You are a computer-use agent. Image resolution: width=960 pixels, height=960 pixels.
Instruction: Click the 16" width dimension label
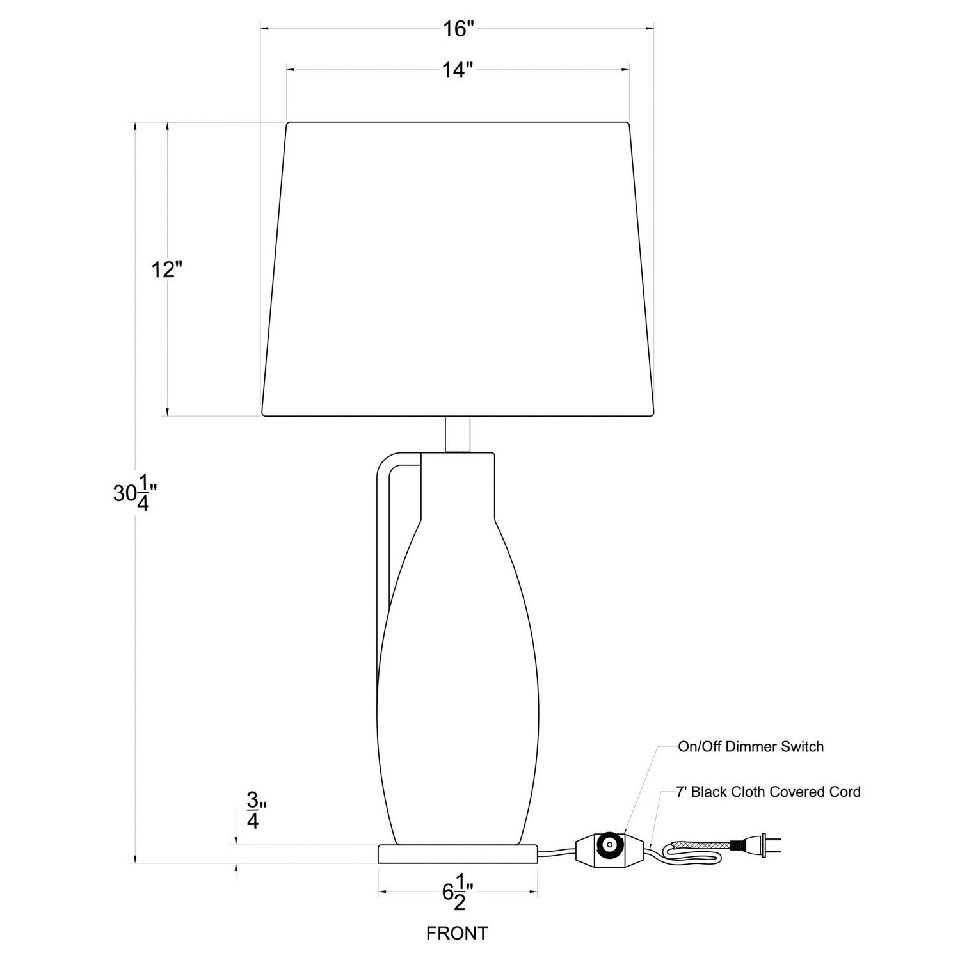point(458,29)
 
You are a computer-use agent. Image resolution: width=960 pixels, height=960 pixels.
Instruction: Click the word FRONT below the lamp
point(457,933)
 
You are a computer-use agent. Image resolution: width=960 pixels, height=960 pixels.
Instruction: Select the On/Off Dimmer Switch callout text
point(751,746)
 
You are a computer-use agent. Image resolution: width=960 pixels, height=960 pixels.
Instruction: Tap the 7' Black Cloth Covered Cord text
point(768,792)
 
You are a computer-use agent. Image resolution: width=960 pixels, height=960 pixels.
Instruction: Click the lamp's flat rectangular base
point(457,854)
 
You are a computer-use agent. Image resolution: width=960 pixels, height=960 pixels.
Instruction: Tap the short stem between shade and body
point(458,435)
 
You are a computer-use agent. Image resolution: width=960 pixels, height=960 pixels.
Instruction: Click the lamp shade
point(458,269)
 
